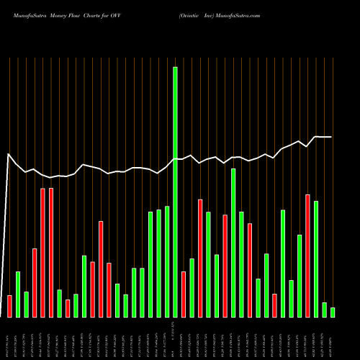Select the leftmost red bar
[9, 306]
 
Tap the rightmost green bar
[333, 312]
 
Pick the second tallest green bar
[233, 243]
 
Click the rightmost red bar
[307, 256]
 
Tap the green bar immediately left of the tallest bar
[167, 261]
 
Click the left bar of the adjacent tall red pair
[42, 252]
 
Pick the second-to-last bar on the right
[324, 310]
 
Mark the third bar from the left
[26, 304]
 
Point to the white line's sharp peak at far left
[9, 154]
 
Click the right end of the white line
[331, 137]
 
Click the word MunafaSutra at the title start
[26, 15]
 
